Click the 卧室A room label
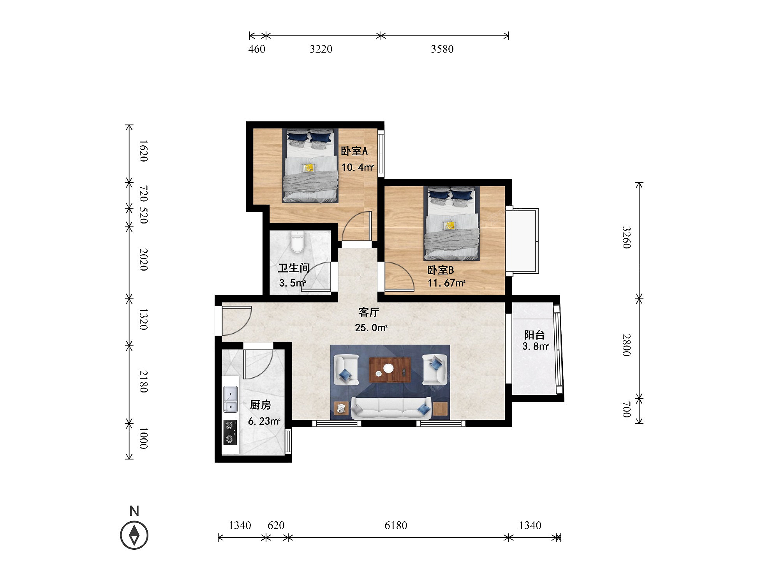[354, 151]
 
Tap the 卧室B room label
[441, 270]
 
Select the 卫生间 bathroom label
[294, 268]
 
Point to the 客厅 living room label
[369, 312]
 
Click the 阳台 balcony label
[534, 335]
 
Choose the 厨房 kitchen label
[260, 405]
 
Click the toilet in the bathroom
[297, 241]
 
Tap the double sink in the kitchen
[230, 399]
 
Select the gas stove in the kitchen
[230, 432]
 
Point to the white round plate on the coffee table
[388, 368]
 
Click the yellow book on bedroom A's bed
[309, 167]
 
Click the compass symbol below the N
[134, 535]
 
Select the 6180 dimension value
[396, 526]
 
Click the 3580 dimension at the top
[442, 49]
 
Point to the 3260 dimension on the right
[626, 237]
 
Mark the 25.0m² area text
[371, 328]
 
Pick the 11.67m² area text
[446, 283]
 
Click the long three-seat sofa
[391, 408]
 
